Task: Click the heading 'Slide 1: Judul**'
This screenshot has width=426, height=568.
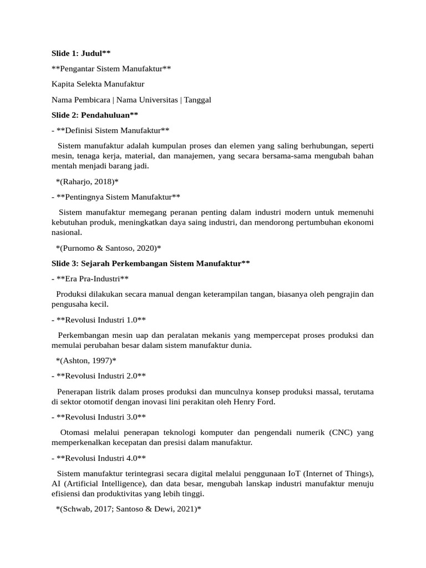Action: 81,53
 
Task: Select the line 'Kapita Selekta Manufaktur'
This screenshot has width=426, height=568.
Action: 98,84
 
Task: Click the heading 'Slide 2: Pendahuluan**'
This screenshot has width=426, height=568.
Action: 94,115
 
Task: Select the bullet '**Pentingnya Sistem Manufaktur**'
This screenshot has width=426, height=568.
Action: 115,197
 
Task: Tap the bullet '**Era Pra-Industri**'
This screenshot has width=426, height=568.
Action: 93,278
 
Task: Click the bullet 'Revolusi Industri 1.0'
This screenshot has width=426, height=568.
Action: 98,320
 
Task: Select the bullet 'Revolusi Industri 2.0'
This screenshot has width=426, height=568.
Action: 98,376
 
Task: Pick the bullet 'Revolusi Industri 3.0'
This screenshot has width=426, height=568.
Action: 98,417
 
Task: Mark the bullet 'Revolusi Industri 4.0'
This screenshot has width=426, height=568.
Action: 98,458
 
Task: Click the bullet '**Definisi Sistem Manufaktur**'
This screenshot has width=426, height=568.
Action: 109,130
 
